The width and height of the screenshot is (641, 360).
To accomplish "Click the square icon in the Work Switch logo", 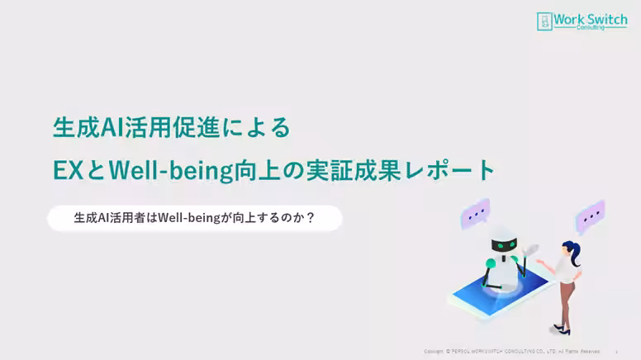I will pos(544,21).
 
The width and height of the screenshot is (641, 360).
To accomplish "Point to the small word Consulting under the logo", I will pos(590,27).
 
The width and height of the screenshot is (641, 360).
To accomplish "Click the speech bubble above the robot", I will pos(475,216).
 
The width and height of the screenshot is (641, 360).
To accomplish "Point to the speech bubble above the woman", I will pos(590,216).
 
